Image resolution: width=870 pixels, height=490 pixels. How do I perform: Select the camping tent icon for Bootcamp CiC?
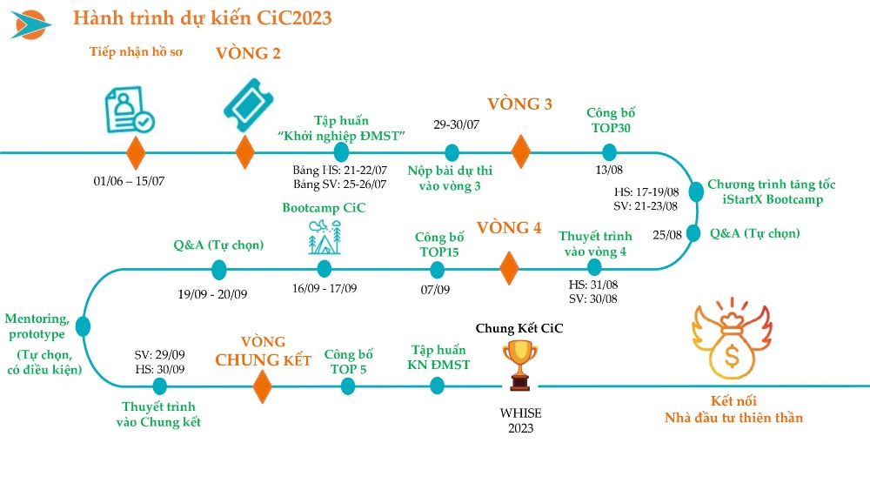325,238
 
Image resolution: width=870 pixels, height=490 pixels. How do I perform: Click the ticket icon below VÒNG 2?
249,105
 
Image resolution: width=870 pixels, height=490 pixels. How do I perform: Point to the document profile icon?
130,110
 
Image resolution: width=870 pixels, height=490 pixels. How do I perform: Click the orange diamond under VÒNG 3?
520,151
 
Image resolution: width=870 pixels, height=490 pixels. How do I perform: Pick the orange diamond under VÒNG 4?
509,269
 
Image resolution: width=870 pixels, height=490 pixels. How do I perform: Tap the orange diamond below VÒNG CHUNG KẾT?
263,386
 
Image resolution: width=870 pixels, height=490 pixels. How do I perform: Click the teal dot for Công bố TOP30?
609,152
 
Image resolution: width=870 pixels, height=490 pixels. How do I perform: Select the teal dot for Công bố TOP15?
438,271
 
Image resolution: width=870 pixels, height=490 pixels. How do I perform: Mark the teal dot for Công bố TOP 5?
348,386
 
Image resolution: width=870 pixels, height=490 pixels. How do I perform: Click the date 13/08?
609,170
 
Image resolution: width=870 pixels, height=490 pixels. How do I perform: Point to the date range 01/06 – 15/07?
129,181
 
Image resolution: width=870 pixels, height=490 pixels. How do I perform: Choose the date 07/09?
435,290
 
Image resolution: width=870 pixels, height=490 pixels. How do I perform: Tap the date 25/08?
667,235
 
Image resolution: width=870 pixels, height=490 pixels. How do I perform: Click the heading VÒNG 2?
248,53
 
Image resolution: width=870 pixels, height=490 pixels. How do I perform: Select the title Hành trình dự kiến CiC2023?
203,18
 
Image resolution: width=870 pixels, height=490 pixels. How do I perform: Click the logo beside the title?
30,25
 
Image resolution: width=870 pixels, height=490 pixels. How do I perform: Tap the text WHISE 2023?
520,420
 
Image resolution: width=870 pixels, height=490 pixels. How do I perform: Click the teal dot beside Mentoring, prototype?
84,326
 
